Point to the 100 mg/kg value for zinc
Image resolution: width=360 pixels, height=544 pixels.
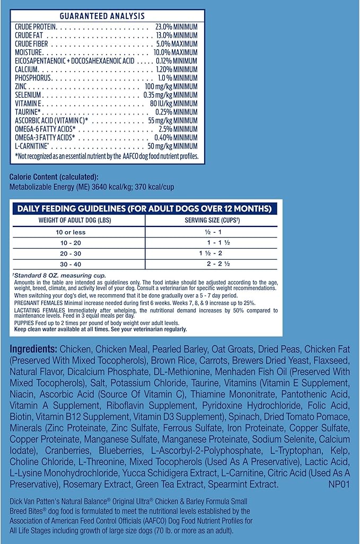pyautogui.click(x=171, y=86)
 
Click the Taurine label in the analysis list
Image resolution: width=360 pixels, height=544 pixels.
pyautogui.click(x=29, y=112)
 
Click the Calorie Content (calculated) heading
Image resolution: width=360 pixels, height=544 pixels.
pyautogui.click(x=54, y=177)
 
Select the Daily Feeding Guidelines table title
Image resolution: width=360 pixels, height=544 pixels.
pyautogui.click(x=144, y=208)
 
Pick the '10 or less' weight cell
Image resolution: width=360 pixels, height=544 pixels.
pyautogui.click(x=73, y=232)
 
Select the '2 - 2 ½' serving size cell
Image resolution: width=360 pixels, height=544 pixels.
pyautogui.click(x=214, y=264)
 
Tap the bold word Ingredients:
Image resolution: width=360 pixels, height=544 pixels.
pyautogui.click(x=34, y=349)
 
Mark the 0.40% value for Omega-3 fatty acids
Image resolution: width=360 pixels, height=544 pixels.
pyautogui.click(x=173, y=137)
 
